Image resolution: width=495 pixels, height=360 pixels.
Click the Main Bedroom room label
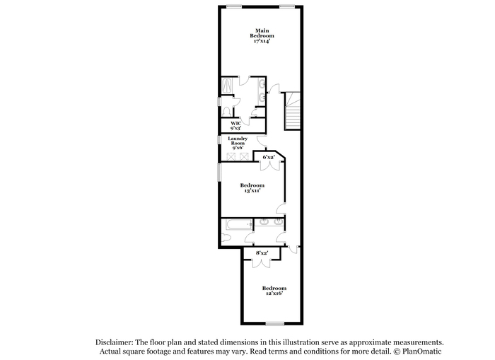pos(262,33)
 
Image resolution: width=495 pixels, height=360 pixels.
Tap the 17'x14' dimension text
pos(262,41)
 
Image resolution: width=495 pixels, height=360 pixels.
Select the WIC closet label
pos(236,124)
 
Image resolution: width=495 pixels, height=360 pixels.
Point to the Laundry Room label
pos(238,141)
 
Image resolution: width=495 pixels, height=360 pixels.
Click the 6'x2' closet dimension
pos(269,157)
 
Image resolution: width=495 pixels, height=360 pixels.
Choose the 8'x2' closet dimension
pos(262,253)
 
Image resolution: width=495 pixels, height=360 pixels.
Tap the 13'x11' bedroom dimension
pos(252,191)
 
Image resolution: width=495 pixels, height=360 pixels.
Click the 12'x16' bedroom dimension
pos(274,294)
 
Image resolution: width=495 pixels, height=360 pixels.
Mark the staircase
pos(293,110)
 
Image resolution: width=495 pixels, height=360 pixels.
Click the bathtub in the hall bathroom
pos(239,224)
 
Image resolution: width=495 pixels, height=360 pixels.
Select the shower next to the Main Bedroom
pos(227,86)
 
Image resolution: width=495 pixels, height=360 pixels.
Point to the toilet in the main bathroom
pos(226,111)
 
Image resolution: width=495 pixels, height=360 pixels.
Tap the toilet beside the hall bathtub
pos(224,238)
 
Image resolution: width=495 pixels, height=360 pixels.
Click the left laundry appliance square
pos(231,156)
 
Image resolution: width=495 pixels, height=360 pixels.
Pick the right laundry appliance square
pos(244,156)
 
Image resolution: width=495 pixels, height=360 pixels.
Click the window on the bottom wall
pos(275,323)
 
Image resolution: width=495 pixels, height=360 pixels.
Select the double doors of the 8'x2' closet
pos(262,263)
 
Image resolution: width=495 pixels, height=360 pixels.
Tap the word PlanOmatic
pos(421,351)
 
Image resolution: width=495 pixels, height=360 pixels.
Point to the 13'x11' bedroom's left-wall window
pos(220,172)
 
